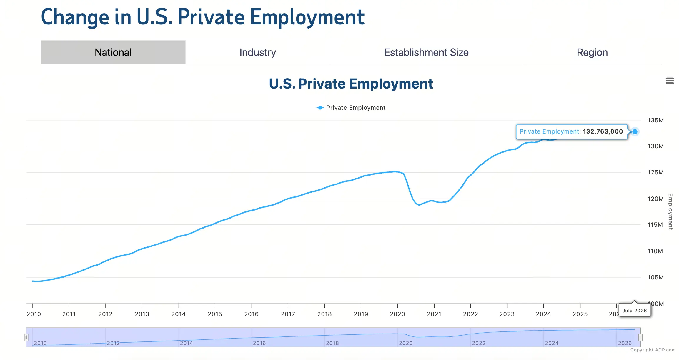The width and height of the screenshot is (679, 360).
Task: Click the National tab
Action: [x=113, y=52]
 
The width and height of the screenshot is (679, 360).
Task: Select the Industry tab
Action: [x=258, y=52]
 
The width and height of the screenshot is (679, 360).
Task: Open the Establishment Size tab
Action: [x=426, y=52]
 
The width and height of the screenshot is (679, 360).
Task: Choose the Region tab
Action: [x=592, y=52]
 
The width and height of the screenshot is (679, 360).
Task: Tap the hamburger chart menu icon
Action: [x=670, y=81]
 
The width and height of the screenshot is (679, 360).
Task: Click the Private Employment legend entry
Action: [x=351, y=108]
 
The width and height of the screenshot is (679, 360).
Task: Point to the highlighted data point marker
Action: [x=635, y=131]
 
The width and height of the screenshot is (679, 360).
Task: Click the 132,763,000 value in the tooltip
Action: [x=603, y=131]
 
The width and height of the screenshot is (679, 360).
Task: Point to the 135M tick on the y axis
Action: [x=655, y=120]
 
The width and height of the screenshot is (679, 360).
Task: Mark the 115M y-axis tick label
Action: [x=655, y=225]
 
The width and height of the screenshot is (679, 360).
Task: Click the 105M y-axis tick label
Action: [x=655, y=277]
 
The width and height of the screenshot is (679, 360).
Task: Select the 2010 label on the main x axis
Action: [x=34, y=314]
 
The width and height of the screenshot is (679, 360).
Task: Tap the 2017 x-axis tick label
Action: [x=288, y=314]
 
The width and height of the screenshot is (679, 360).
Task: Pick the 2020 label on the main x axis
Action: [x=397, y=314]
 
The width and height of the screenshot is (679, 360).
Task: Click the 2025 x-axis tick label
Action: [x=580, y=314]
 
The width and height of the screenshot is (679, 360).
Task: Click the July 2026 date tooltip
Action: [x=635, y=310]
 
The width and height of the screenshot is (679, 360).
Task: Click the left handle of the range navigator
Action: [x=26, y=337]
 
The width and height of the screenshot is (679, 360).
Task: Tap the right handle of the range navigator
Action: [x=640, y=337]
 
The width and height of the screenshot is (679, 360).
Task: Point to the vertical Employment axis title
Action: [x=670, y=211]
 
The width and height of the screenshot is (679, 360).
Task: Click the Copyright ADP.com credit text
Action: [x=653, y=350]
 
